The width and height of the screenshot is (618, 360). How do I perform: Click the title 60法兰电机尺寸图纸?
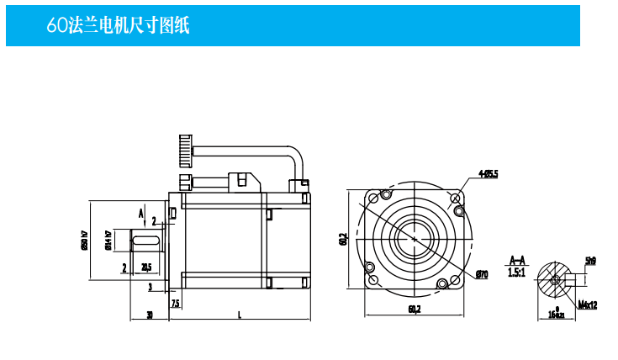(x=119, y=26)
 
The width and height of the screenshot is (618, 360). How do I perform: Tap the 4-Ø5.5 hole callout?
(x=489, y=174)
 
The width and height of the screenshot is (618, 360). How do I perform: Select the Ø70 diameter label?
(x=482, y=274)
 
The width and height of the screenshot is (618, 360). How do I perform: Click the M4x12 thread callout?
(x=588, y=304)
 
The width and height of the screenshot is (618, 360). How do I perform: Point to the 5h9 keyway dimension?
(x=590, y=261)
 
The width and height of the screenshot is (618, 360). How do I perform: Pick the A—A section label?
(x=519, y=261)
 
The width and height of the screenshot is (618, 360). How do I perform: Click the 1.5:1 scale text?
(x=518, y=273)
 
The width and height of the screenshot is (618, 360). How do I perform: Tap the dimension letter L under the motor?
(x=240, y=315)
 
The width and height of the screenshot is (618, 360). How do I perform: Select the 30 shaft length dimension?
(x=150, y=315)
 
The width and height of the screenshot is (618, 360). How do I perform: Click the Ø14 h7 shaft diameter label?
(x=108, y=241)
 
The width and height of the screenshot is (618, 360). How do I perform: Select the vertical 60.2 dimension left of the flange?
(x=343, y=240)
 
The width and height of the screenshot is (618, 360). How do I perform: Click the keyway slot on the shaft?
(x=148, y=242)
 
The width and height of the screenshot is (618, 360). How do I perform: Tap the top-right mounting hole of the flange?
(x=457, y=199)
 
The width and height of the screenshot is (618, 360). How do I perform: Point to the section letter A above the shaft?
(x=140, y=212)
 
